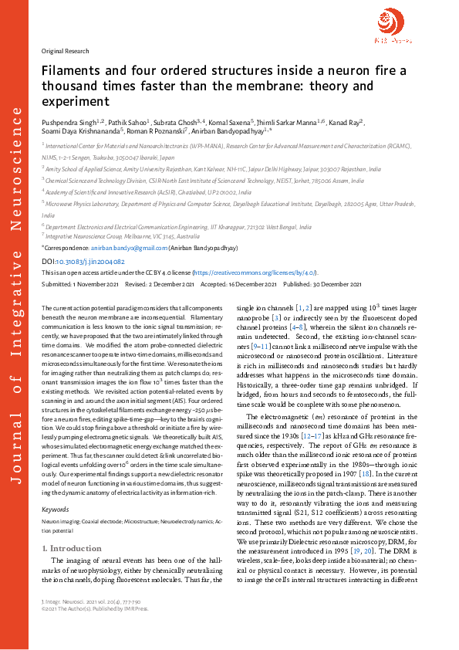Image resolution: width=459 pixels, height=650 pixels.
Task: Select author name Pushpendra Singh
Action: coord(66,122)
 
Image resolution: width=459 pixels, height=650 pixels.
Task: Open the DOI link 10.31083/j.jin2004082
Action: coord(90,261)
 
